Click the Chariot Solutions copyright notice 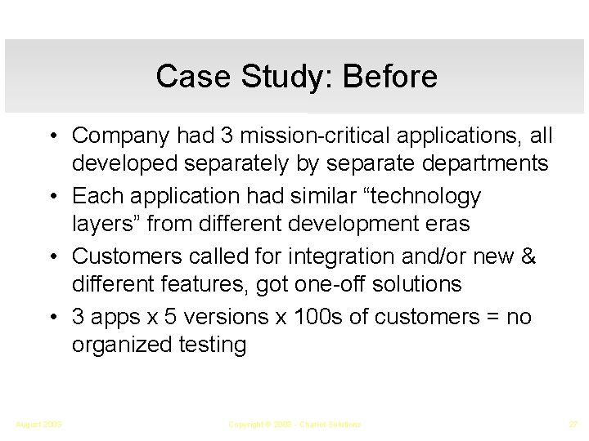point(294,425)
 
